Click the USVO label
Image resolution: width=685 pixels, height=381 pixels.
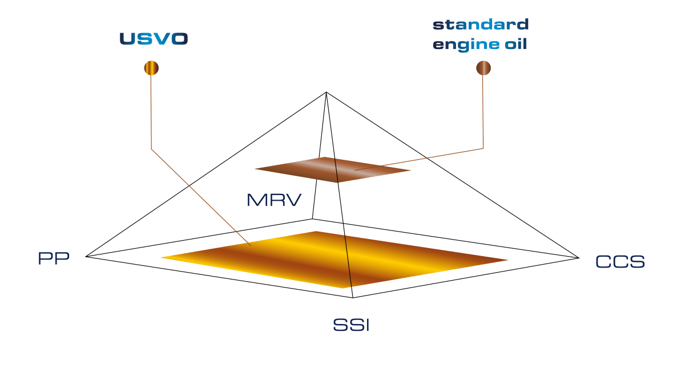(x=154, y=39)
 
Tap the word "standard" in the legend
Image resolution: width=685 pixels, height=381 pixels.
(x=481, y=25)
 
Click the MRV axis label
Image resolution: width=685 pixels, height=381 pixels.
(x=273, y=201)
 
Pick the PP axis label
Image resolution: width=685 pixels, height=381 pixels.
(x=54, y=258)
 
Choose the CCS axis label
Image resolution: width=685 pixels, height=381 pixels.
(x=620, y=262)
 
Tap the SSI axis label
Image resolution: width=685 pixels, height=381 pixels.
(x=351, y=326)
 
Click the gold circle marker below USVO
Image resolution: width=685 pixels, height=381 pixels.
(x=151, y=68)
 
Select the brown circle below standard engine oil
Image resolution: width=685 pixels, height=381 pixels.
(x=483, y=68)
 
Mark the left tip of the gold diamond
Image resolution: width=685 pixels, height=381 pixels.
(x=162, y=258)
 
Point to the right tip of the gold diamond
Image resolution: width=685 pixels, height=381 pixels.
(x=507, y=260)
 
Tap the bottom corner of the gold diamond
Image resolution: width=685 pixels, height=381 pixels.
(x=344, y=287)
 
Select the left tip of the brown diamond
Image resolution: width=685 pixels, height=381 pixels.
(x=255, y=168)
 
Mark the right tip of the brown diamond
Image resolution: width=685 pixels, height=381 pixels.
(x=410, y=170)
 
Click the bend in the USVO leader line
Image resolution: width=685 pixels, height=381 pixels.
(x=151, y=149)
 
